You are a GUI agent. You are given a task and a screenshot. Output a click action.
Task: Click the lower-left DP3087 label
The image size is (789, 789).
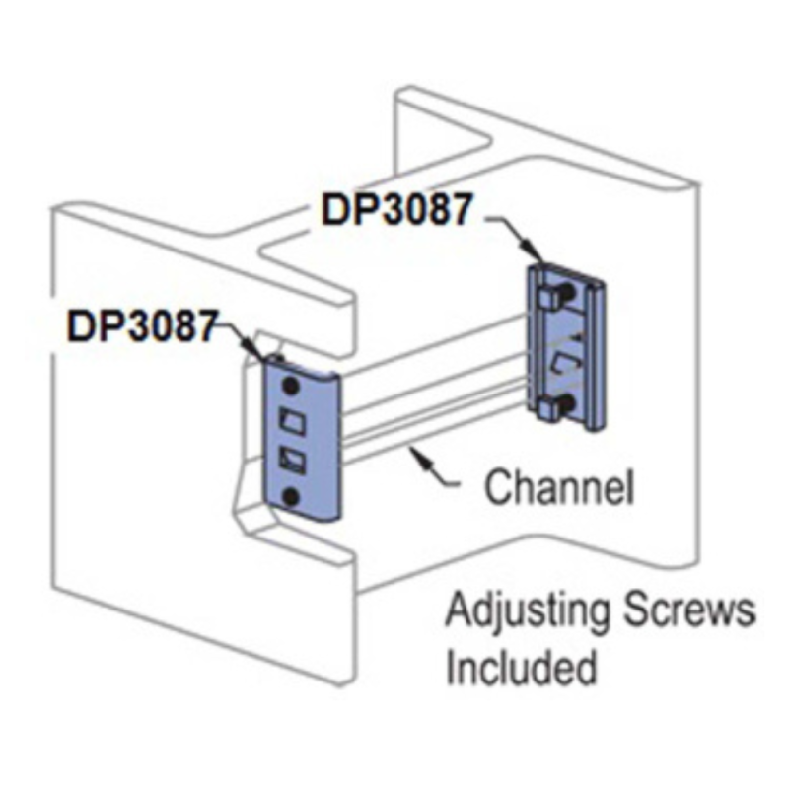pos(140,324)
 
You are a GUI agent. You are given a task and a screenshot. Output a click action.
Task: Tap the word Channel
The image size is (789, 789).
pos(560,486)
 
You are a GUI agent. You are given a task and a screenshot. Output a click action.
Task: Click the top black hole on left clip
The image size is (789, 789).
pos(291,383)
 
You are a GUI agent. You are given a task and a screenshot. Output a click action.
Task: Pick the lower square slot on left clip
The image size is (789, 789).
pos(292,458)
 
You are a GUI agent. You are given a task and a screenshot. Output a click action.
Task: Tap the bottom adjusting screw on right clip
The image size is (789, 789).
pos(560,404)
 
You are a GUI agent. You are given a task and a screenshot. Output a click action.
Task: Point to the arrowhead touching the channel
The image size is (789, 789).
pos(419,453)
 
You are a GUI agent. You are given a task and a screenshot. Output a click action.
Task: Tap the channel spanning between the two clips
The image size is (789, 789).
pos(434,394)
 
